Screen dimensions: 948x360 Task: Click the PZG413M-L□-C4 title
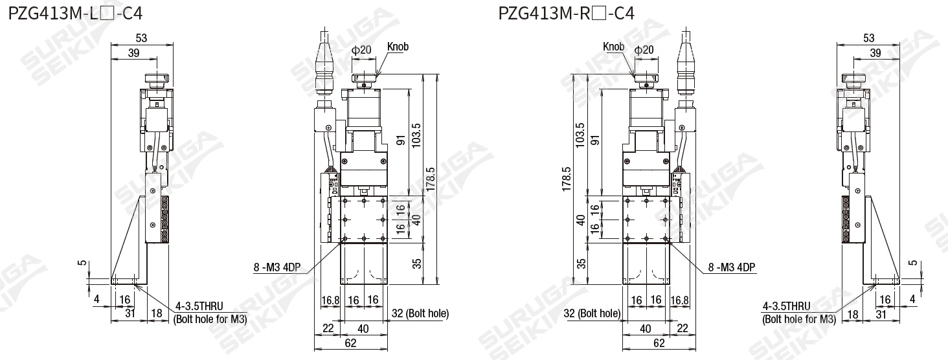75,14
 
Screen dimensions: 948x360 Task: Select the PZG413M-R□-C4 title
566,14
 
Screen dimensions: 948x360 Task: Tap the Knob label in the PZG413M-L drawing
398,47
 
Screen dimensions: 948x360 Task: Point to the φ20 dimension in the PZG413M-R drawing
644,50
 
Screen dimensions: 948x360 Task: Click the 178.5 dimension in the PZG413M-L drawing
430,179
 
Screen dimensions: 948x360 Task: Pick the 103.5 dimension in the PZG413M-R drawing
580,135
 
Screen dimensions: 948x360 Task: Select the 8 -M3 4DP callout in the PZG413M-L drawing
276,267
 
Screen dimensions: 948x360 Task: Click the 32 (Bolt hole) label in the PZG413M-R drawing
592,313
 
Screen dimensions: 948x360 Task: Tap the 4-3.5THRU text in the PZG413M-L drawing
199,306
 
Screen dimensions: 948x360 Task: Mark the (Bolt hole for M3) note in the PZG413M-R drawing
799,319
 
